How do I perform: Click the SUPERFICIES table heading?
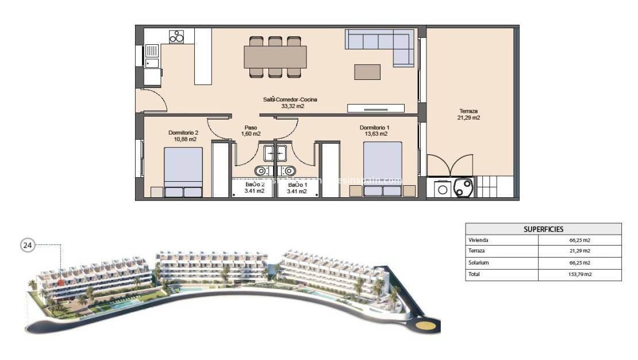[x=543, y=229]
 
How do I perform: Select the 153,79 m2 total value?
[x=579, y=274]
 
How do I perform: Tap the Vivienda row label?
[x=479, y=240]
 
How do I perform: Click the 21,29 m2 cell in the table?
[x=579, y=251]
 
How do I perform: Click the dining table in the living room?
[x=275, y=57]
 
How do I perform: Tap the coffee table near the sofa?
[x=367, y=71]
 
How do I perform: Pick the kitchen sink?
[x=152, y=63]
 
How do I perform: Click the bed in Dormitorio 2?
[x=183, y=172]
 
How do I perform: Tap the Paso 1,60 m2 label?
[x=251, y=131]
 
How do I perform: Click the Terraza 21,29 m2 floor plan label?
[x=468, y=114]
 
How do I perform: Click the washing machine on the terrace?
[x=441, y=188]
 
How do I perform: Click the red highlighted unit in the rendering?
[x=60, y=282]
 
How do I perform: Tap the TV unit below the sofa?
[x=376, y=108]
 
